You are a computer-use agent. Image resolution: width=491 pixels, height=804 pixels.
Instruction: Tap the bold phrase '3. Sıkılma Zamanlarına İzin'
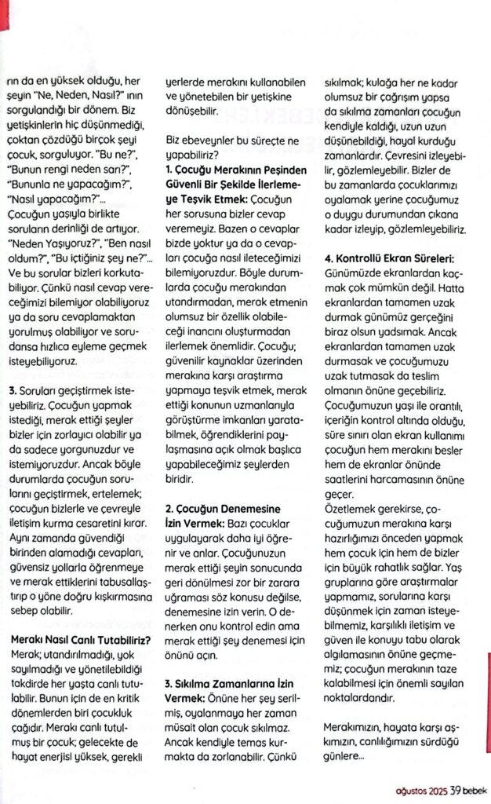tap(221, 683)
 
